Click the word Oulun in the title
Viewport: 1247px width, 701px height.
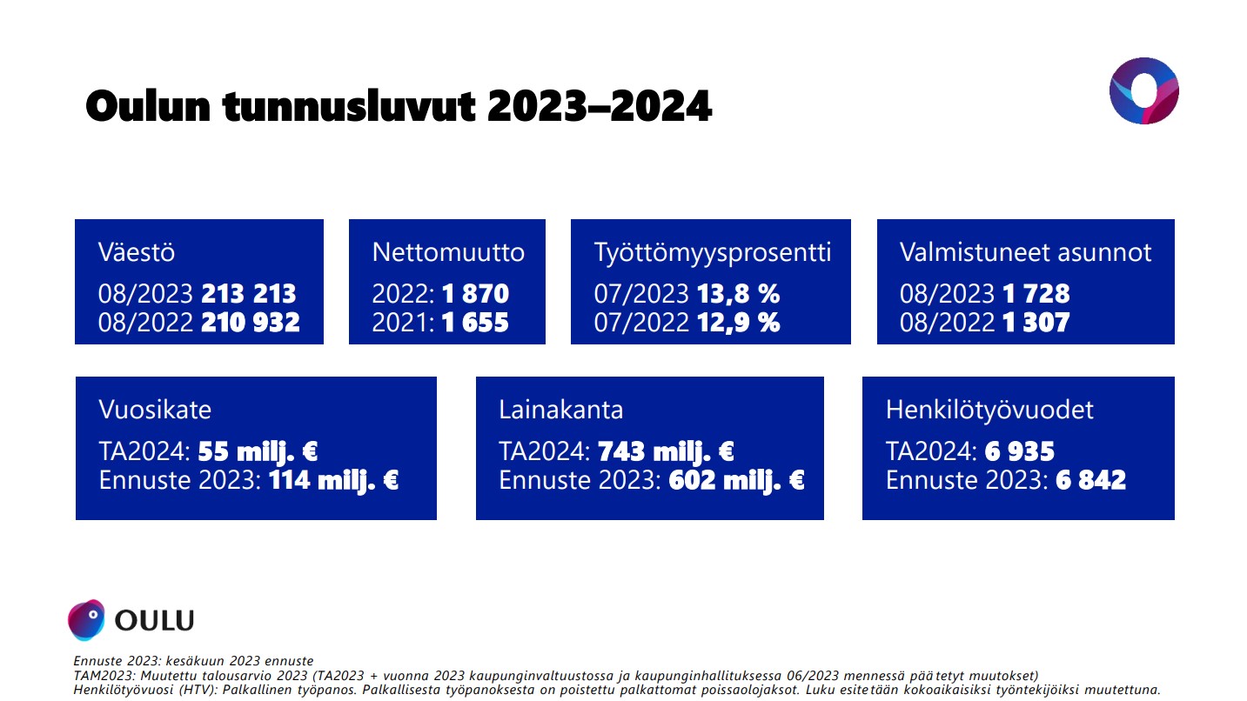(x=148, y=106)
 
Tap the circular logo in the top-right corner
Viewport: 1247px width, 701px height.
(x=1144, y=90)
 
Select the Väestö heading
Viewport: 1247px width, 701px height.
(x=137, y=252)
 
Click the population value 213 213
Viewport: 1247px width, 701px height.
(x=248, y=294)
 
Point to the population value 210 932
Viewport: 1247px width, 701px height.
(x=251, y=322)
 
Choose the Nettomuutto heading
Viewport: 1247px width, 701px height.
(x=448, y=252)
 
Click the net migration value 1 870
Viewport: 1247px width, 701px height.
(x=475, y=294)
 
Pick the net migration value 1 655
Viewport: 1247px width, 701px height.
(x=475, y=322)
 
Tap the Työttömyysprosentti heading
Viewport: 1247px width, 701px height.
(x=713, y=253)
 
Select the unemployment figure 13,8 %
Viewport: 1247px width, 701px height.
(x=738, y=294)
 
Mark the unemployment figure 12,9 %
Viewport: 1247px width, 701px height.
(x=738, y=322)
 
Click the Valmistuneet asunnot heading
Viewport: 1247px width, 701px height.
(x=1025, y=252)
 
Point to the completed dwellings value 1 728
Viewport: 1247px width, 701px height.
(x=1036, y=294)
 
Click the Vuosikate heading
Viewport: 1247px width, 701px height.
(x=155, y=410)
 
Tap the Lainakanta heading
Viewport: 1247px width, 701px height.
(x=560, y=410)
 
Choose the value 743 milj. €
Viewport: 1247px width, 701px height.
(x=666, y=451)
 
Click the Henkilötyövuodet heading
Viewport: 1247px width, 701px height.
(x=989, y=411)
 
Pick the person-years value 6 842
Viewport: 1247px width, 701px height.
(x=1090, y=480)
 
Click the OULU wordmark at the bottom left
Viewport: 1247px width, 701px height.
(x=154, y=620)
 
